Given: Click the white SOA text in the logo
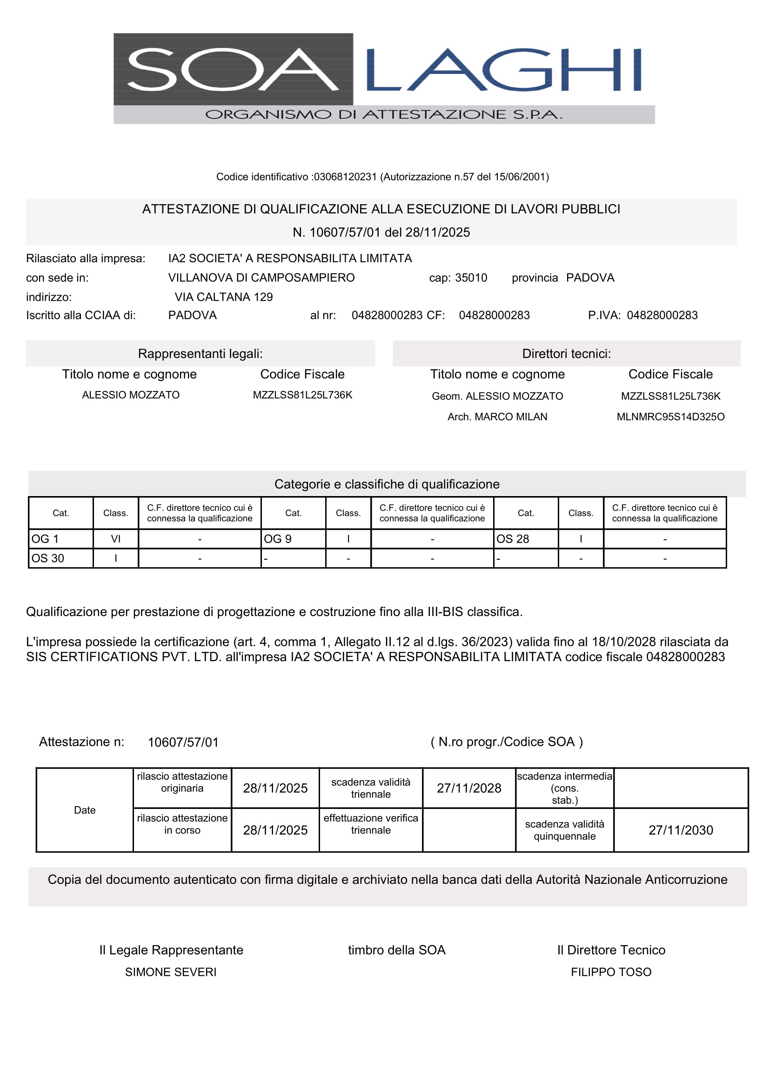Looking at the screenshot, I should point(232,70).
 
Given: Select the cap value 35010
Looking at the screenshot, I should point(471,278).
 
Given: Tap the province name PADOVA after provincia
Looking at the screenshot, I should point(590,278).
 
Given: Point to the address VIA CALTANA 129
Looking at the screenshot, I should point(224,297).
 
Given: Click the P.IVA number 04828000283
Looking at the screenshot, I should point(662,315).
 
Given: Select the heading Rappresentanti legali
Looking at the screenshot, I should point(200,354).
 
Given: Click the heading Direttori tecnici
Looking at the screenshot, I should point(566,354).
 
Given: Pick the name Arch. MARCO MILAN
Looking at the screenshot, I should point(497,417).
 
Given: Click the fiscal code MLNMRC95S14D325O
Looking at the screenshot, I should point(670,417).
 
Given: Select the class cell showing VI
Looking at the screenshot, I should point(116,539).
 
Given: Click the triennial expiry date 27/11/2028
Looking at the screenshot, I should point(468,788).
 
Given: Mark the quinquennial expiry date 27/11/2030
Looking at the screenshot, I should point(681,830).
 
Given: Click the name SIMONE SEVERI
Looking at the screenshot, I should point(171,972).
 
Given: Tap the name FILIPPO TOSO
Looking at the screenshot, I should point(611,972).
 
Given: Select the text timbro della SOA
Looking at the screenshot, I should point(396,950).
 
